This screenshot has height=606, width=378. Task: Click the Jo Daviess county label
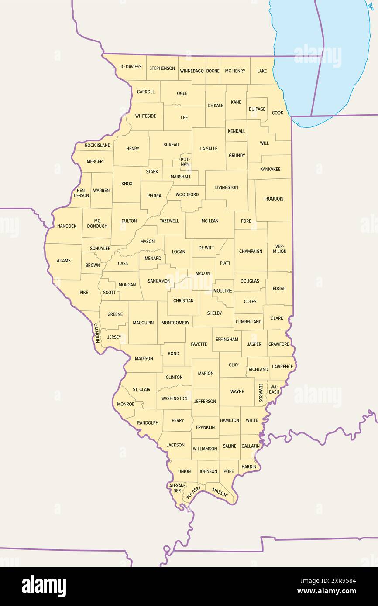(131, 67)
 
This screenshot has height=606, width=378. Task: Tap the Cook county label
(278, 112)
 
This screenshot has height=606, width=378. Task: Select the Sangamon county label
(159, 281)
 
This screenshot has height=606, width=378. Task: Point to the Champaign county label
(251, 251)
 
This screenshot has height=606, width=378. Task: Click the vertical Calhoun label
(96, 333)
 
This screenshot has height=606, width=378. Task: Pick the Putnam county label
(185, 162)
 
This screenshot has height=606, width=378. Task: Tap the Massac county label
(220, 493)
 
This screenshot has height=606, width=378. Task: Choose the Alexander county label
(177, 488)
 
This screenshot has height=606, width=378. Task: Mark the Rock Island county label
(98, 145)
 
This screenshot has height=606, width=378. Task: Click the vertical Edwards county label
(261, 392)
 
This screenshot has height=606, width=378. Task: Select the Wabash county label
(274, 389)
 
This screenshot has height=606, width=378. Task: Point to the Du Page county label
(257, 109)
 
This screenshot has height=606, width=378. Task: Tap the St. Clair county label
(141, 389)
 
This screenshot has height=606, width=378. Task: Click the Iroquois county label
(274, 199)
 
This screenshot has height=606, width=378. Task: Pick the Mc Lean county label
(210, 221)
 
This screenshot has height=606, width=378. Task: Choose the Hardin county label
(249, 467)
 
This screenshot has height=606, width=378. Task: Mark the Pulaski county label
(193, 493)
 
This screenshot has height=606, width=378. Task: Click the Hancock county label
(67, 226)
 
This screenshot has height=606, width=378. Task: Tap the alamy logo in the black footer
(44, 586)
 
